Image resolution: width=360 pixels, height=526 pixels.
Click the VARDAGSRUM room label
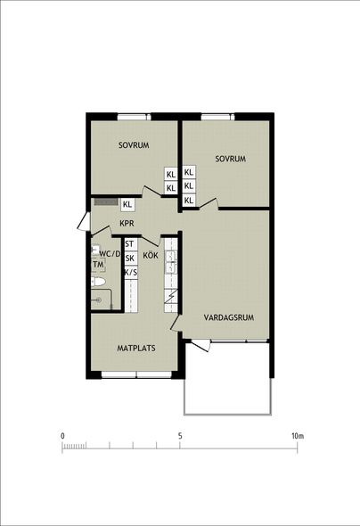coord(229,317)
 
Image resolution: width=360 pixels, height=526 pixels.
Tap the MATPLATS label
coord(136,349)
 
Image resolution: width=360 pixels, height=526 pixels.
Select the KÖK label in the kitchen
coord(151,255)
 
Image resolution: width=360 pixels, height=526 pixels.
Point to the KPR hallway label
coord(127,223)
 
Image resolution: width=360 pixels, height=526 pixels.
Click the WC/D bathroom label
coord(110,254)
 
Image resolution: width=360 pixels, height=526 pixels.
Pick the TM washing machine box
coord(99,265)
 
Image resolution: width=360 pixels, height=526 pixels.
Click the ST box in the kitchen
coord(130,244)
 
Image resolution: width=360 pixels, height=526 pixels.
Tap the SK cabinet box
coord(130,258)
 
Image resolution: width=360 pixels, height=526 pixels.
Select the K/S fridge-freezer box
coord(130,272)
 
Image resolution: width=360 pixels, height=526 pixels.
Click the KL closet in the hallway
coord(127,204)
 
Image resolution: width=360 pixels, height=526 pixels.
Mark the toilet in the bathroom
coord(98,282)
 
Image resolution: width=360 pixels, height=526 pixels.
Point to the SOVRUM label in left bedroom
coord(134,145)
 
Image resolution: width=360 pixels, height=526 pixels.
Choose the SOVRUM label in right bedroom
coord(230,159)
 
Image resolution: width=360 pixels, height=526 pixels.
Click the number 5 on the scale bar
coord(180,436)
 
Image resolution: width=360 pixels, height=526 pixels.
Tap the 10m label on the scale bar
coord(298,436)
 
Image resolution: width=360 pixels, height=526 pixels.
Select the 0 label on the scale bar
coord(62,436)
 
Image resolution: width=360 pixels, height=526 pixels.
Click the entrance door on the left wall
coord(84,221)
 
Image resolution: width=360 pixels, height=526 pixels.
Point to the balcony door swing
coord(201,345)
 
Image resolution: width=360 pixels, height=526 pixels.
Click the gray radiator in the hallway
coord(105,201)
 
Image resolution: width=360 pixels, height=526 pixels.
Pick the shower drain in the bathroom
coord(98,300)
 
